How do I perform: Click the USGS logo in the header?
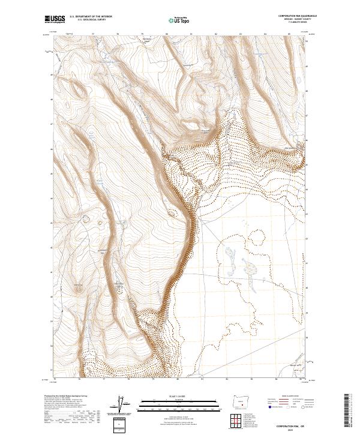coord(54,19)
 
